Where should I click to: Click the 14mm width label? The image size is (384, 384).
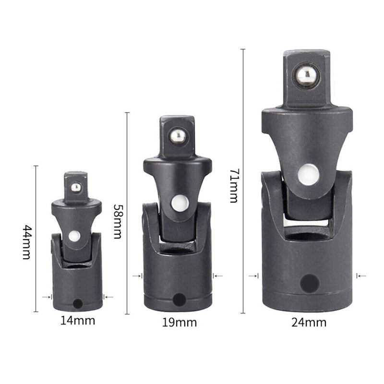point(77,321)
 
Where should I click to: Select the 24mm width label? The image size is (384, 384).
point(308,322)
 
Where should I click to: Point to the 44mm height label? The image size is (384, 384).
point(26,242)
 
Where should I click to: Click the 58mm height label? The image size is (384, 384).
point(118,221)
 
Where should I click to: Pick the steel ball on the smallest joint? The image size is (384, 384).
point(76,188)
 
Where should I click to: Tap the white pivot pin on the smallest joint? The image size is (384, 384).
point(74,236)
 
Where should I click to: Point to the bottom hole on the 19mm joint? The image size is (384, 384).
point(179,300)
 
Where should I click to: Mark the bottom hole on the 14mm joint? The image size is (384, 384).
point(78,304)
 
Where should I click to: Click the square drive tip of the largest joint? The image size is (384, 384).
point(306,79)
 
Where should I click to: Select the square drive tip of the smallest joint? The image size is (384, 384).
point(76,185)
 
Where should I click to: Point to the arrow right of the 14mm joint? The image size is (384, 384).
point(108,297)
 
